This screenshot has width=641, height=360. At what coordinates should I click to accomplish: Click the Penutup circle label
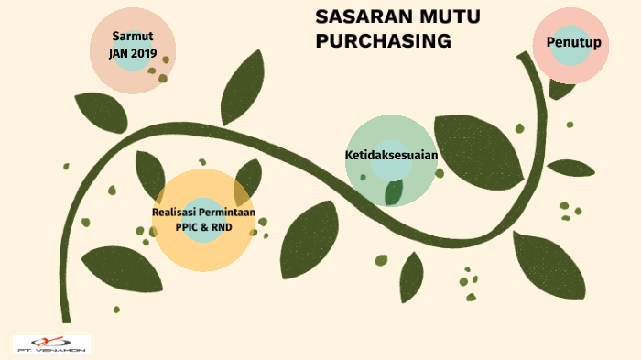pyautogui.click(x=573, y=43)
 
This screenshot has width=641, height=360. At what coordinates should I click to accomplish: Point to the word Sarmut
pyautogui.click(x=133, y=36)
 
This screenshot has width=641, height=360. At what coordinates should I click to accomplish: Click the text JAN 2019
pyautogui.click(x=133, y=52)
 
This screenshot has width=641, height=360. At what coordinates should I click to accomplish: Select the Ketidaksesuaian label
pyautogui.click(x=391, y=155)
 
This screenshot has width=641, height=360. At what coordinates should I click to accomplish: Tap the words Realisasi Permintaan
pyautogui.click(x=203, y=213)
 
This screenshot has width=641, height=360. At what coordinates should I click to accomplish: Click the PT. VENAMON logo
pyautogui.click(x=51, y=344)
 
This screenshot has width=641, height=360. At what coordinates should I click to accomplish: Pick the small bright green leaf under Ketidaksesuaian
pyautogui.click(x=394, y=192)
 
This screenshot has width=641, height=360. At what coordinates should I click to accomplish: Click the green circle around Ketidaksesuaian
pyautogui.click(x=366, y=183)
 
